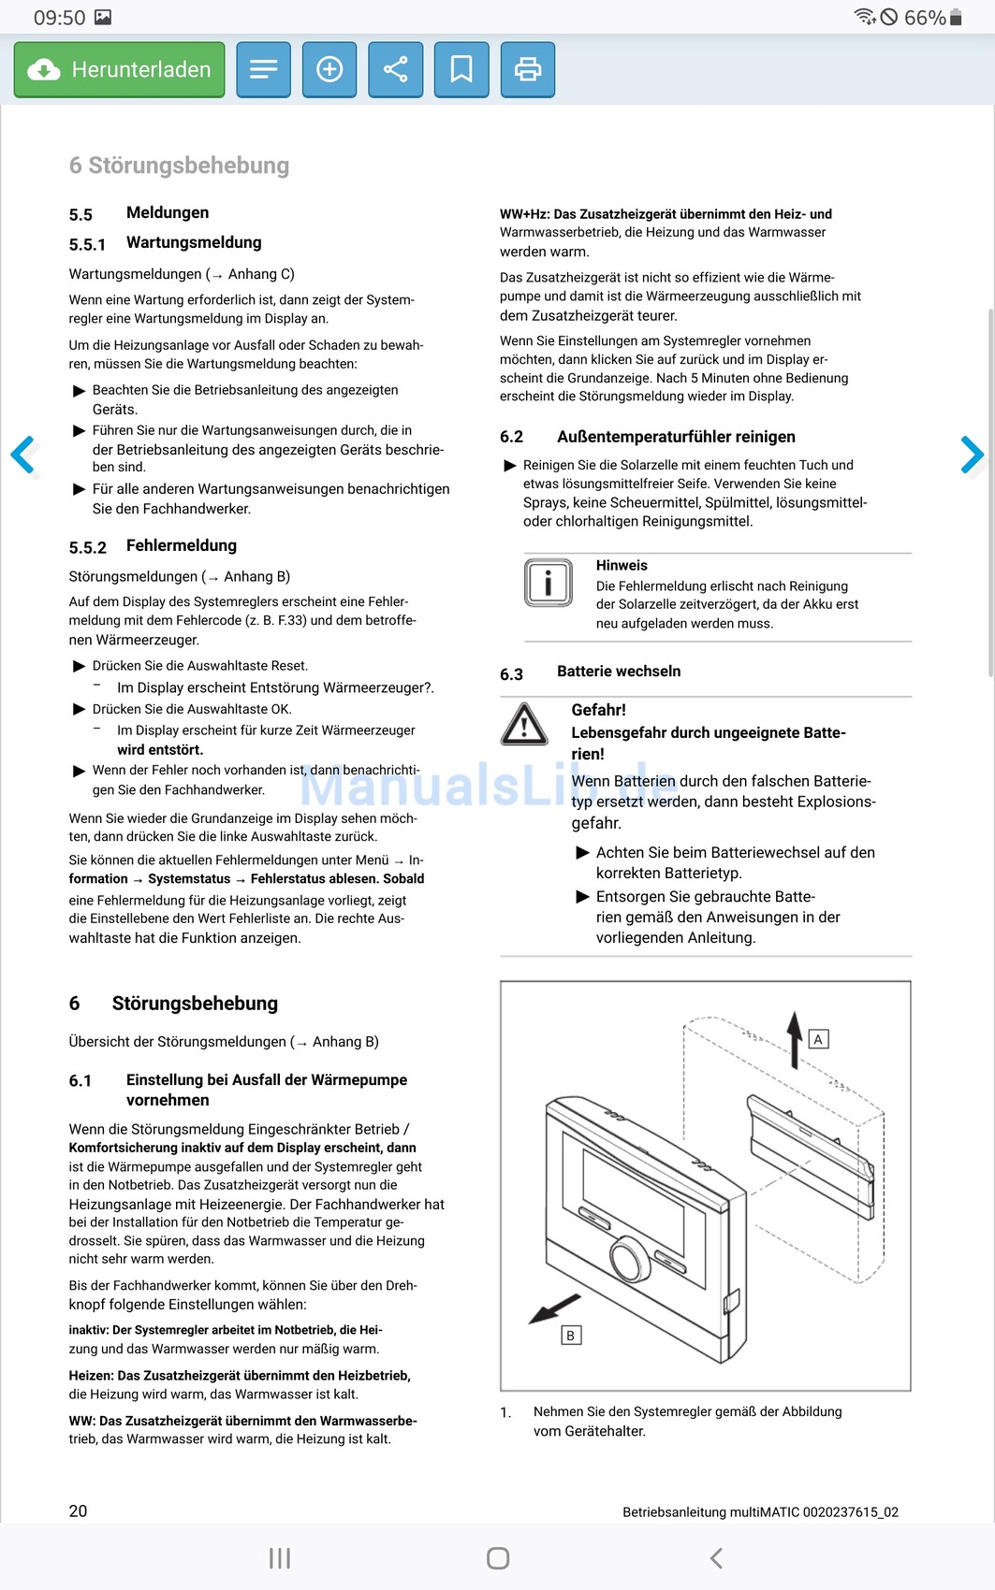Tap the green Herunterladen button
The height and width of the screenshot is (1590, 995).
point(119,70)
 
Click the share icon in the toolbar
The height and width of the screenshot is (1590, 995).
point(396,70)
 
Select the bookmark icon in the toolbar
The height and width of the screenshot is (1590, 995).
point(461,70)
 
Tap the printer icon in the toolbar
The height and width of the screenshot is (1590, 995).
point(528,70)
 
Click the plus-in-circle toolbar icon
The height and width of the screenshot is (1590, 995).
point(329,70)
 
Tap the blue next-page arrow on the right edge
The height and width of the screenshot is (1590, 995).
point(972,455)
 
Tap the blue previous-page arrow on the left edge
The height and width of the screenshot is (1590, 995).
point(23,455)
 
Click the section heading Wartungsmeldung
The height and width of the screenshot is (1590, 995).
point(194,243)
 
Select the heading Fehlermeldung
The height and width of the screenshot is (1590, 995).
point(182,546)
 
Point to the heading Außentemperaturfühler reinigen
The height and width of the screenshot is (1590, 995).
point(676,437)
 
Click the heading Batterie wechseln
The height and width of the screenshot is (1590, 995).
point(619,672)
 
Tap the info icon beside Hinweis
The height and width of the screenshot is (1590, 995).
point(548,583)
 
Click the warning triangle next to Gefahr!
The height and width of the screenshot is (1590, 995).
point(524,725)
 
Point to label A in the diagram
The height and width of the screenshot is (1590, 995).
point(818,1039)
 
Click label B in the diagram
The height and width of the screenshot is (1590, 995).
point(570,1336)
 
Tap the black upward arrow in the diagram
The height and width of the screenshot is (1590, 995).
point(795,1038)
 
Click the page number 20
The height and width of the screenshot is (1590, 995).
point(79,1511)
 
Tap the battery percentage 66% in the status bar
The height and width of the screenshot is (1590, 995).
point(925,18)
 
